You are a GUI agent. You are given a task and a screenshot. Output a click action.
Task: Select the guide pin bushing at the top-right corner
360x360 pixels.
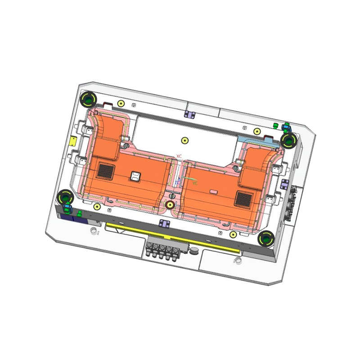pos(288,140)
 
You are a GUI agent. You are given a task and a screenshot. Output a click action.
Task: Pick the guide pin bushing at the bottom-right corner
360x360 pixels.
pos(267,238)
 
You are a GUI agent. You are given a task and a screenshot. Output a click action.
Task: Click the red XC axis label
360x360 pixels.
pos(179,156)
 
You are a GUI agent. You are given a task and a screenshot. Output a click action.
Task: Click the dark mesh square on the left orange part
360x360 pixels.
pos(106,170)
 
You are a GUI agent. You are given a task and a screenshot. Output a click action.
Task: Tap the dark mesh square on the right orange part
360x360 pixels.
pos(244,197)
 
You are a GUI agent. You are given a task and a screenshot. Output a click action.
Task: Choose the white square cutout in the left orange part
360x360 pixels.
pos(135,176)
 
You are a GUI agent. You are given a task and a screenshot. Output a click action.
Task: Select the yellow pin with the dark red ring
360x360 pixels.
pos(170,205)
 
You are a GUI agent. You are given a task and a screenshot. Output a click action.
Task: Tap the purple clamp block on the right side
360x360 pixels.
pos(284,184)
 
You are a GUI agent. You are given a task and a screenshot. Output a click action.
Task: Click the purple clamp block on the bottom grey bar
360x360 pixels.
pos(164,223)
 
